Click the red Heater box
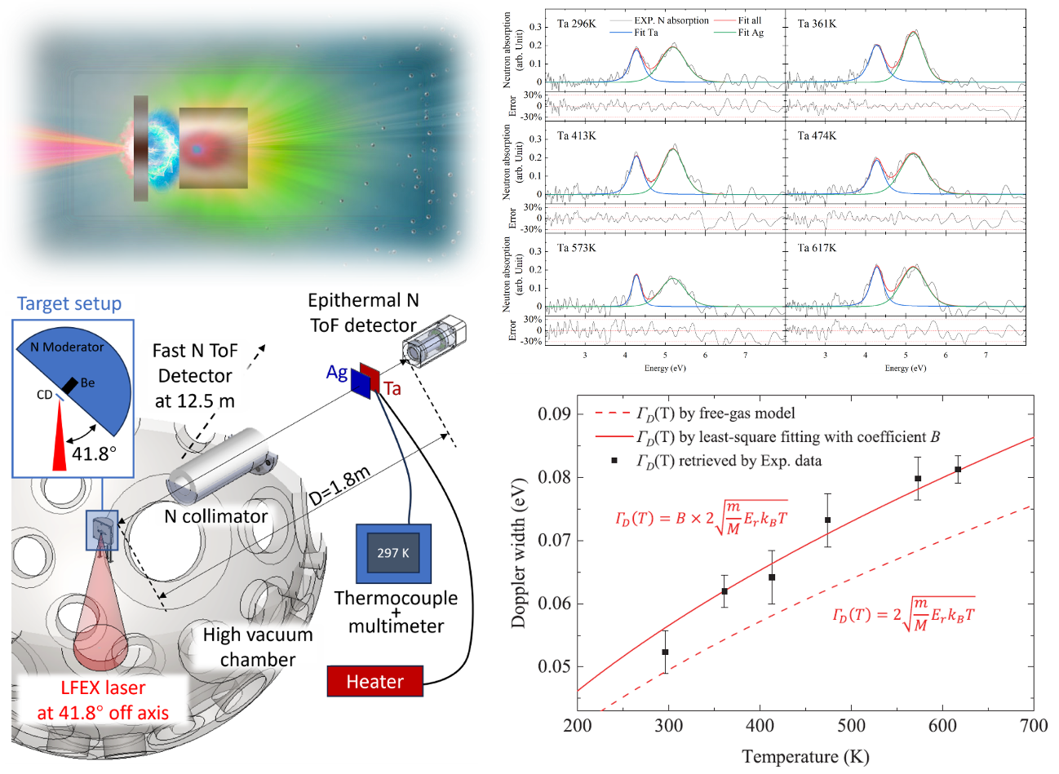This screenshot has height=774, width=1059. pos(374,681)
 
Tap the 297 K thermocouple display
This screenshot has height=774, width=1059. pos(392,553)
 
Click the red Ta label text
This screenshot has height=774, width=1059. pos(392,388)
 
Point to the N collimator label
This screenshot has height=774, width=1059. pos(215,516)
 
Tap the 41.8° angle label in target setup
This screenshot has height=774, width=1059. pos(91,453)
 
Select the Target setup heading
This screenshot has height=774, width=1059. pos(69,303)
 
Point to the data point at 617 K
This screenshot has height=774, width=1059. pos(958,469)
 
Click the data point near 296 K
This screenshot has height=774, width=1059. pos(665,652)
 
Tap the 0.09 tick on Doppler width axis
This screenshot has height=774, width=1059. pos(554,414)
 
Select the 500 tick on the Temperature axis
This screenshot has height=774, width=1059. pos(851,726)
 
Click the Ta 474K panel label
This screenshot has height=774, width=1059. pos(817,135)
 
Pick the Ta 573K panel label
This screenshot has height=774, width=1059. pos(576,248)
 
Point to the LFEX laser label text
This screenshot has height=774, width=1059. pos(103,688)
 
